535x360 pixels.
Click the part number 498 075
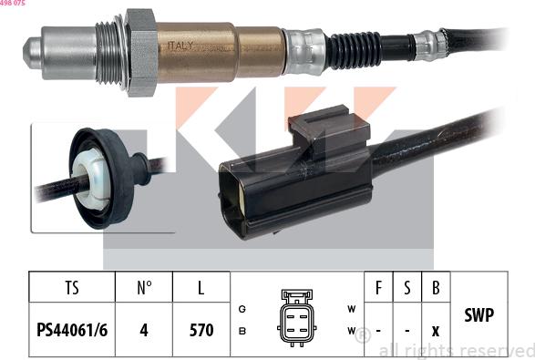(13, 4)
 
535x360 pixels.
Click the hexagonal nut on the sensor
(139, 51)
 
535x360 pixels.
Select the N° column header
(144, 289)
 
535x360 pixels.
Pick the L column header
(201, 289)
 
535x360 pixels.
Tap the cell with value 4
(144, 330)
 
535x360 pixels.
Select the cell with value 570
(201, 330)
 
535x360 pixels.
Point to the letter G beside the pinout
(242, 309)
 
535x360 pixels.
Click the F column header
(379, 289)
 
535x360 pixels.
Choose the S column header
(407, 289)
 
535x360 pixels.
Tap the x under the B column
(436, 330)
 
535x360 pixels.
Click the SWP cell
(479, 315)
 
